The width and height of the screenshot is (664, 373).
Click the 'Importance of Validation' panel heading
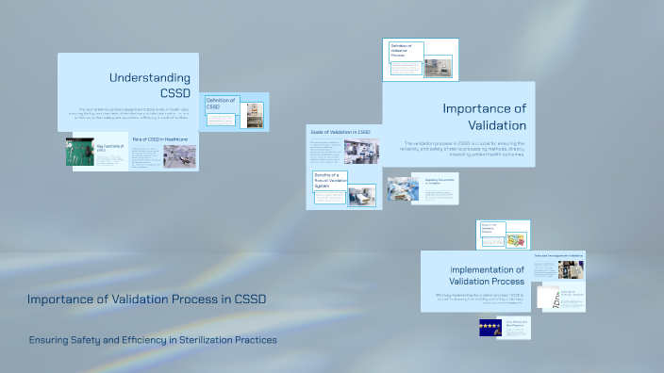click(484, 117)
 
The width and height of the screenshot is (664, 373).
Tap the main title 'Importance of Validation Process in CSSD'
click(146, 300)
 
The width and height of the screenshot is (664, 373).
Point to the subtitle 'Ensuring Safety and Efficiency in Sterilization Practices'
click(152, 340)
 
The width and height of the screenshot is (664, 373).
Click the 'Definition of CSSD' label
click(221, 104)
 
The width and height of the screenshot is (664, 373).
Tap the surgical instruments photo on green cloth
click(80, 154)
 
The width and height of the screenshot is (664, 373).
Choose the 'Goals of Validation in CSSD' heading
click(340, 132)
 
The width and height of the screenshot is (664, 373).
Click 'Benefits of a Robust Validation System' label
click(330, 183)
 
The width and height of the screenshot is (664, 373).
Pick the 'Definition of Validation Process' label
click(403, 51)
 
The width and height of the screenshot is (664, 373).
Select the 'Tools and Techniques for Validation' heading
click(557, 255)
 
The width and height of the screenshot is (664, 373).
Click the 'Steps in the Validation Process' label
click(490, 231)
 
